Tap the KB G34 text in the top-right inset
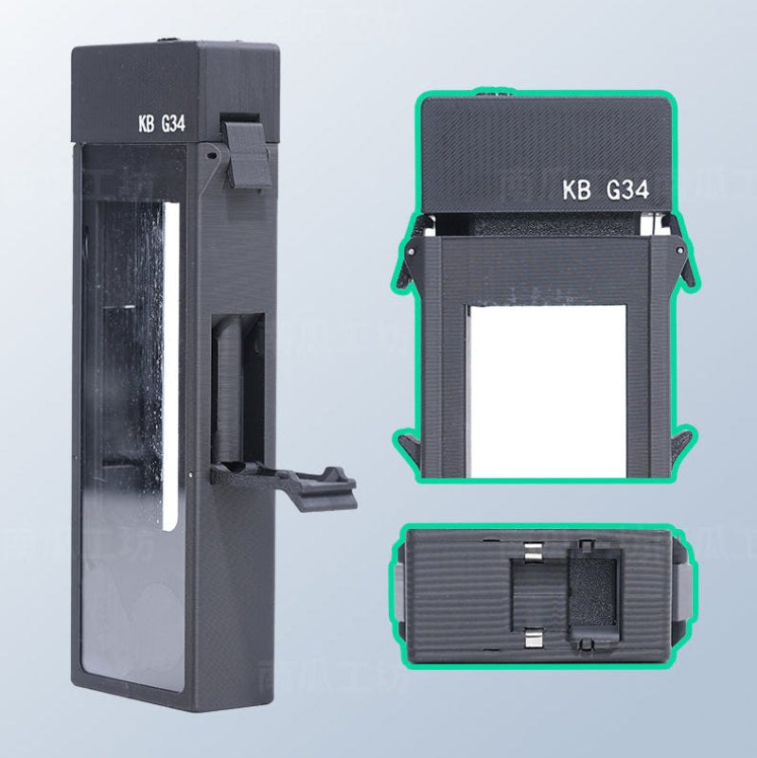pyautogui.click(x=606, y=188)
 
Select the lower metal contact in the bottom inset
pyautogui.click(x=534, y=641)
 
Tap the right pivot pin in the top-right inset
pyautogui.click(x=678, y=248)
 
